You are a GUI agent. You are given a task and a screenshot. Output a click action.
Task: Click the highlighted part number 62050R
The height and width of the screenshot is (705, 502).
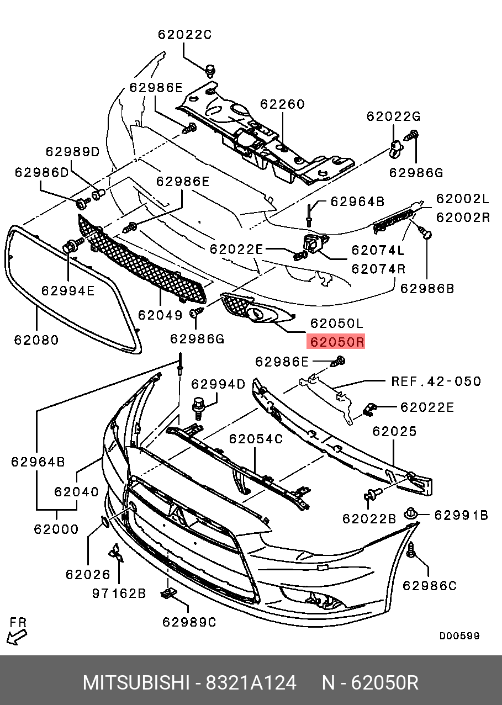point(336,342)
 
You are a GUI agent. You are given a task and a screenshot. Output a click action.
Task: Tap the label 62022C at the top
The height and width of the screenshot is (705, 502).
point(184,35)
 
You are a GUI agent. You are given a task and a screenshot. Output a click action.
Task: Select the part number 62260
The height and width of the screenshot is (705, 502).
point(282,104)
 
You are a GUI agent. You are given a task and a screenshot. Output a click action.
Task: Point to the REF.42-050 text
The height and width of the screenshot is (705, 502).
point(436,381)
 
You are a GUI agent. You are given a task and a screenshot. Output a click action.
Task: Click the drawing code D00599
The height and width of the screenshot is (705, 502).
point(459,636)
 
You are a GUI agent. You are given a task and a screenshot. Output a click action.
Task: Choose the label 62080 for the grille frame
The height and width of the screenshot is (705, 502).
point(36,340)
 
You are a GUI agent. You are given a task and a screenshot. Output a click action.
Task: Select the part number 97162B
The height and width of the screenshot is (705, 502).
point(119,593)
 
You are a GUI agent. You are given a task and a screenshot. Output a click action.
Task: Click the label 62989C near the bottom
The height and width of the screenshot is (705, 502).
point(189,622)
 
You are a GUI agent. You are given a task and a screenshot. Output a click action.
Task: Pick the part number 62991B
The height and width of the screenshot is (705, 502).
point(461,516)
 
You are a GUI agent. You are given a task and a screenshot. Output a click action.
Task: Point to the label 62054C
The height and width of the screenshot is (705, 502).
point(256,439)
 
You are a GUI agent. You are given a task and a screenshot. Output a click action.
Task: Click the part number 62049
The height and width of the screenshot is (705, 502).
point(160,315)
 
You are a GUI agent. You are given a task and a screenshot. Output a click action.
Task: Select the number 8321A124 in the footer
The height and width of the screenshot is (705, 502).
point(251,682)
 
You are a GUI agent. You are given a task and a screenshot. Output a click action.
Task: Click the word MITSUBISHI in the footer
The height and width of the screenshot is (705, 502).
point(136,682)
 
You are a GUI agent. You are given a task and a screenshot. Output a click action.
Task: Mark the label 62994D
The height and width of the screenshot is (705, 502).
point(218,384)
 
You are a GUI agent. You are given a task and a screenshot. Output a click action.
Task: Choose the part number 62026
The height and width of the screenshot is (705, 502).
point(88,574)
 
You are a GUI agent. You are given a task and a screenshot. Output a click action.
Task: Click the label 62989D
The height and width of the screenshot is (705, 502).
point(72,152)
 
